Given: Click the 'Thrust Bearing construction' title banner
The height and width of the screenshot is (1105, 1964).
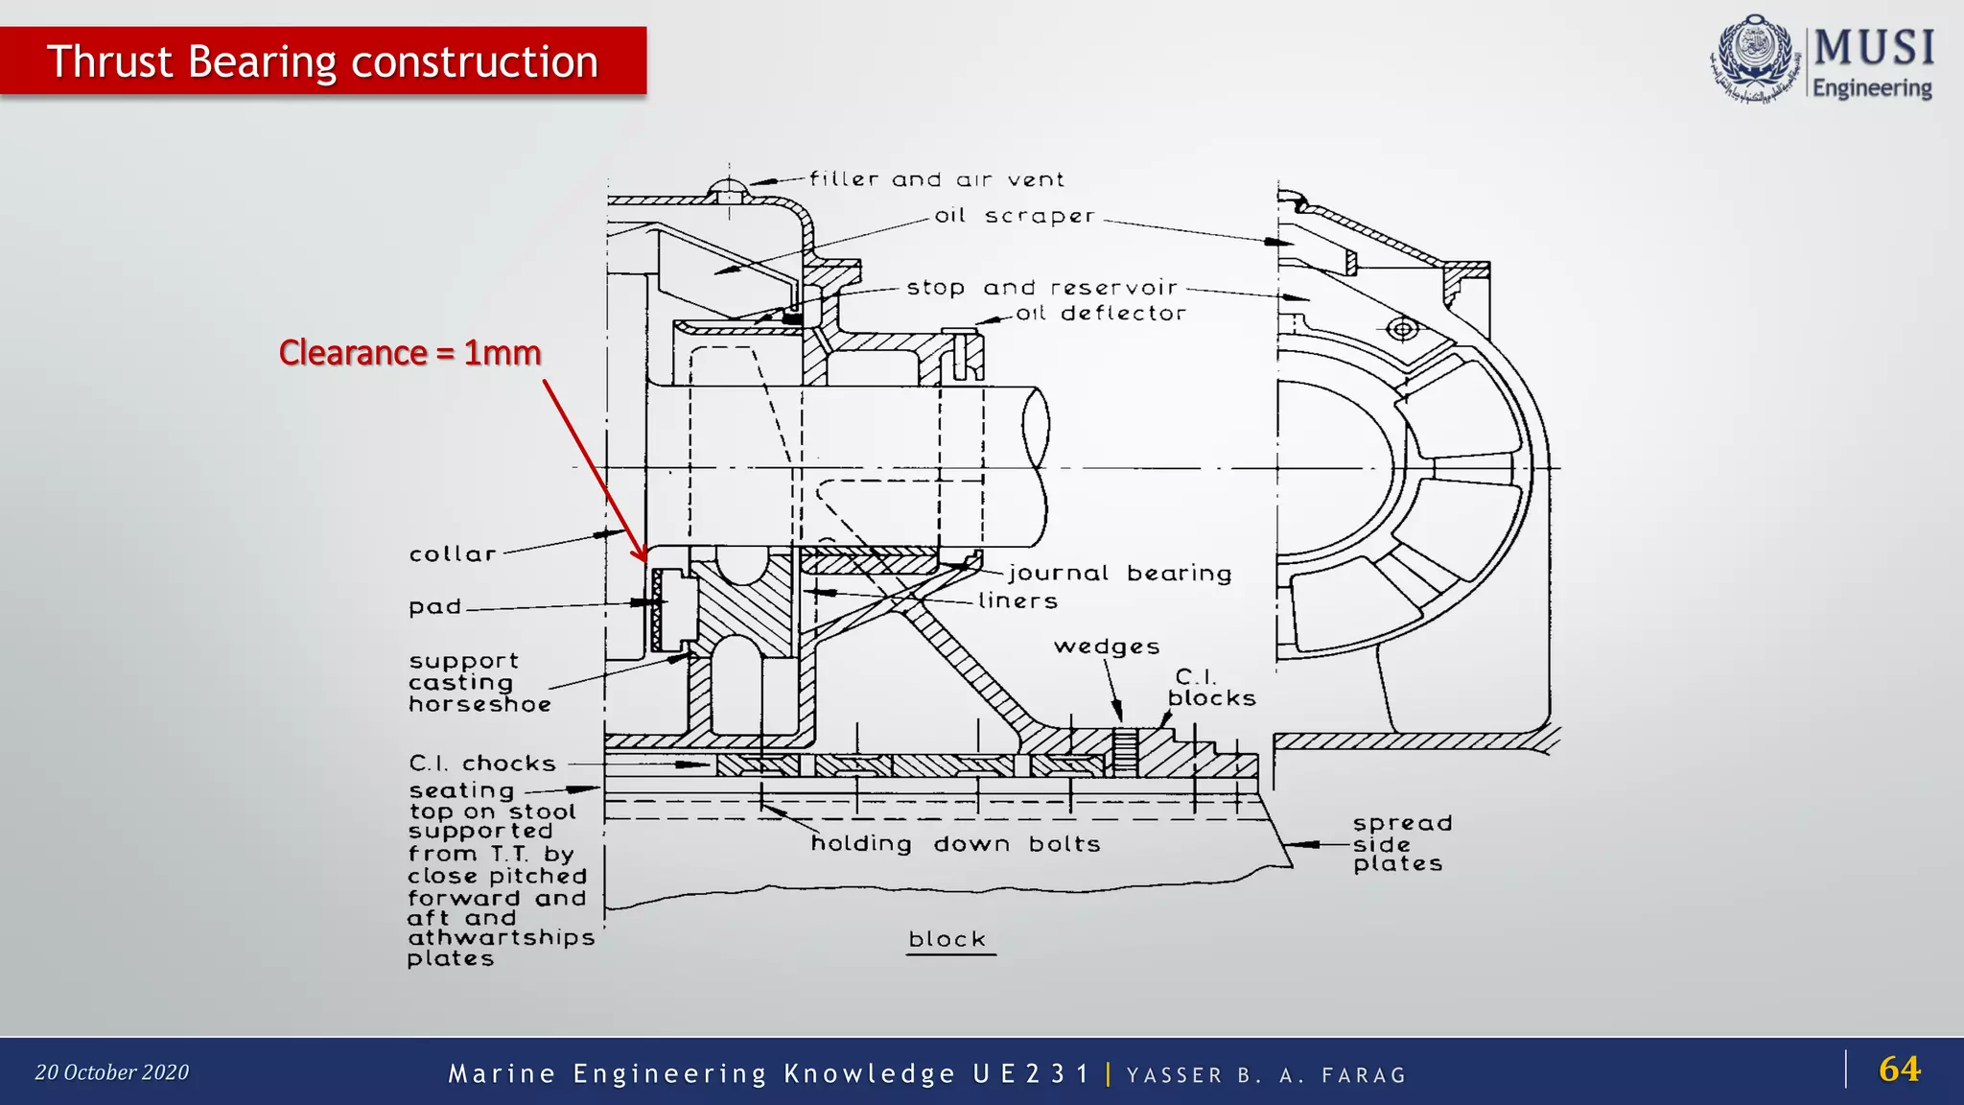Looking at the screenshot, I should point(322,61).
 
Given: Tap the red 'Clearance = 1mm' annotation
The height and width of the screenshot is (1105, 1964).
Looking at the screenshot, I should point(409,353).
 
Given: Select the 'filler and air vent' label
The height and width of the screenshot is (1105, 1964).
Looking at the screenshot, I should point(936,179).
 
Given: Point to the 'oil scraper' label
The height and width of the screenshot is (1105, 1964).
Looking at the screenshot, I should point(1015,217).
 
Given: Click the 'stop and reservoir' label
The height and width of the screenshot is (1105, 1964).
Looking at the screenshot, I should point(1041,288).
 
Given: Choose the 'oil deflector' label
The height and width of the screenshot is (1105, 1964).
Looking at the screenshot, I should point(1101,314).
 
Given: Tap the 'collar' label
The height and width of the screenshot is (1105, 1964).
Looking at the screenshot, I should point(453,554).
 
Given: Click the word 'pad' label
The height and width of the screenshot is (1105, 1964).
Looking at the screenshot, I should point(434,607).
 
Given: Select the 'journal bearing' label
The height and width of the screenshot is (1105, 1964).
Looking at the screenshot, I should point(1119,574).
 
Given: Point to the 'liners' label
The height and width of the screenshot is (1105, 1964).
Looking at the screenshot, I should point(1017,601).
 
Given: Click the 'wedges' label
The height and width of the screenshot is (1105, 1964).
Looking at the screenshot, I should point(1107,647).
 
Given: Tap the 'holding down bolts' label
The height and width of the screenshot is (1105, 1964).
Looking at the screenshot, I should point(955,844).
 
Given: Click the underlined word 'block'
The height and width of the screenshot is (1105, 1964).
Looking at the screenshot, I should point(947,940).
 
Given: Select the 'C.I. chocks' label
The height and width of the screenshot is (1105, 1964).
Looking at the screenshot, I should point(482,764).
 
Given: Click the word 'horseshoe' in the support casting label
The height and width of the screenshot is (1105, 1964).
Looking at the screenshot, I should point(479,705).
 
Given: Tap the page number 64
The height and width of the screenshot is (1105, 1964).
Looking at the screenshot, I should point(1899,1070).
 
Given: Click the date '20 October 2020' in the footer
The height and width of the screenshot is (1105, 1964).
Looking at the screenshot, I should point(112,1072).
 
